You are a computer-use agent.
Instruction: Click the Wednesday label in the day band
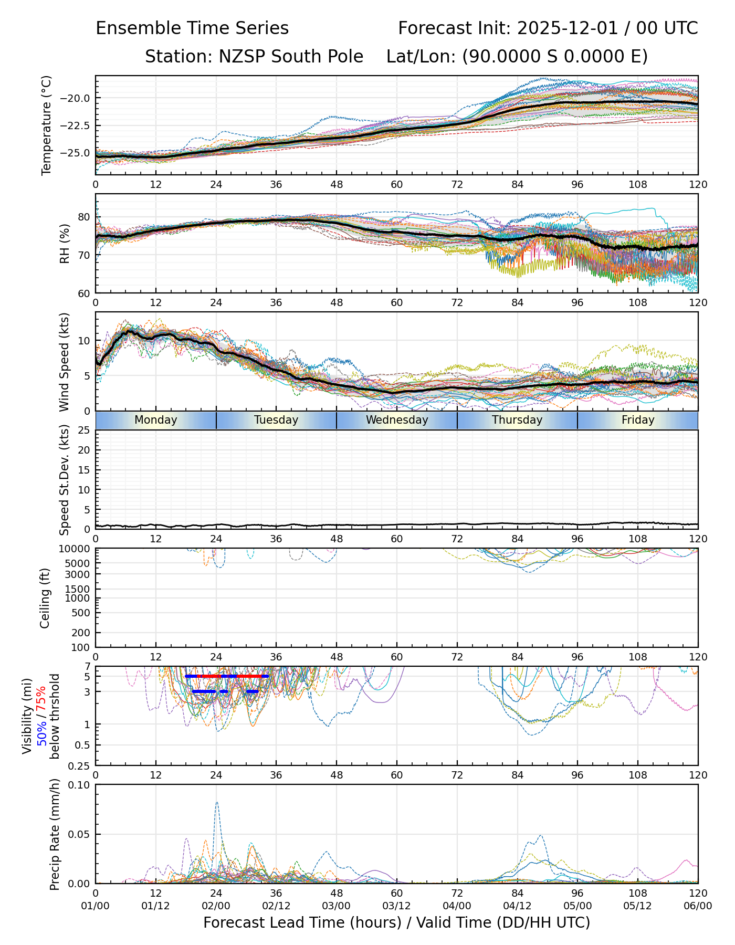tap(397, 420)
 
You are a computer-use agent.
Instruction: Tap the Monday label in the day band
tap(156, 420)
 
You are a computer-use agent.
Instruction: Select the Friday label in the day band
tap(638, 420)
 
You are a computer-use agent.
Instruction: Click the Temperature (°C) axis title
tap(47, 125)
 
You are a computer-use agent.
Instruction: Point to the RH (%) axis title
tap(65, 244)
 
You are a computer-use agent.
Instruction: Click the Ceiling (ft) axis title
tap(45, 598)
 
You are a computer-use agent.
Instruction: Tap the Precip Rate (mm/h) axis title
tap(55, 834)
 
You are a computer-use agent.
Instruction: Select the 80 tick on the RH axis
tap(84, 217)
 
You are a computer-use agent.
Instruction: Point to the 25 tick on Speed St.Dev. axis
tap(84, 430)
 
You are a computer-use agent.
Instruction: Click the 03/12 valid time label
tap(397, 906)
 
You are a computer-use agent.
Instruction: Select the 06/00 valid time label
tap(698, 906)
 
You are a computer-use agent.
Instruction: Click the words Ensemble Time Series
tap(192, 28)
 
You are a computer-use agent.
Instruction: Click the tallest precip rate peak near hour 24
tap(217, 803)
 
